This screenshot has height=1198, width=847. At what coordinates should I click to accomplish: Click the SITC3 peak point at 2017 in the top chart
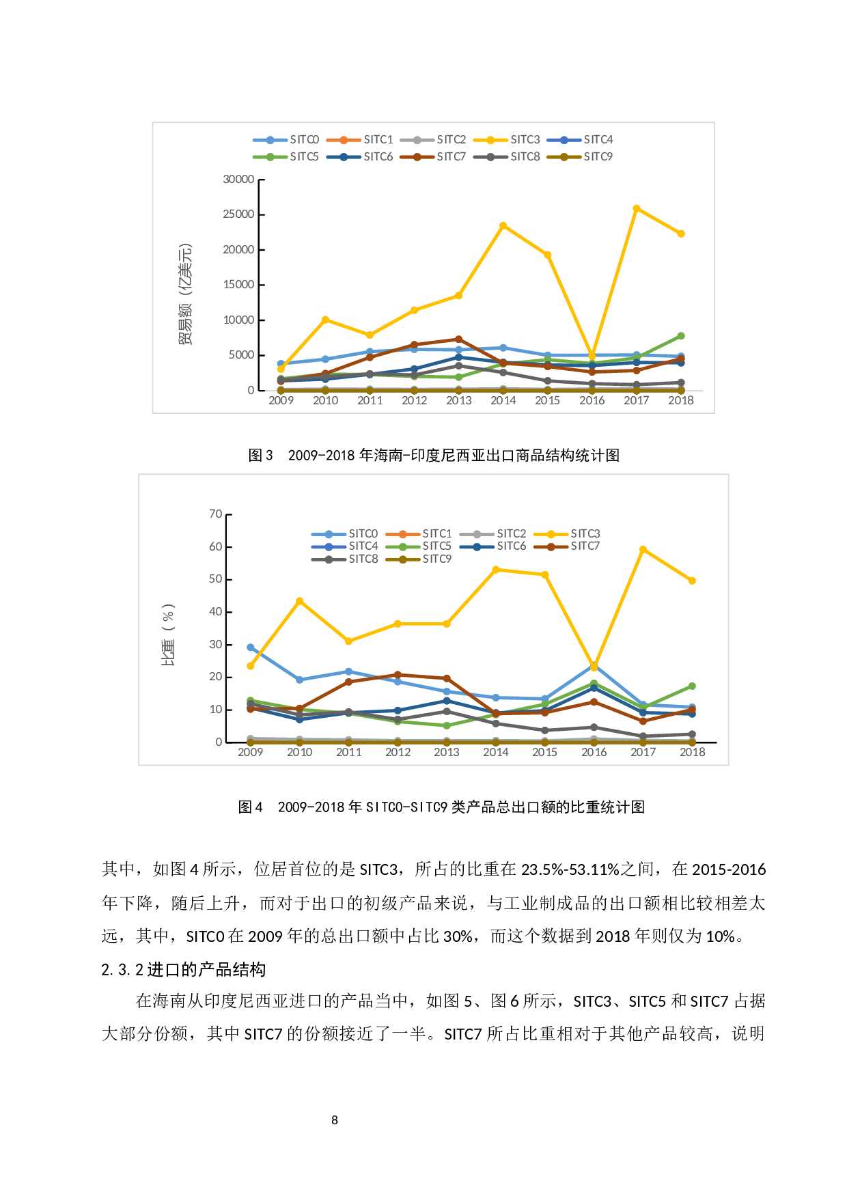(636, 208)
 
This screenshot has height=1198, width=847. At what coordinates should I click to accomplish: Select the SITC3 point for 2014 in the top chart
(503, 226)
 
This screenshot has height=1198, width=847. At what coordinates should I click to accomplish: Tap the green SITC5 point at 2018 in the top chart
(681, 336)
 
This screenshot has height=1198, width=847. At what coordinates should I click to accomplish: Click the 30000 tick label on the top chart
(238, 180)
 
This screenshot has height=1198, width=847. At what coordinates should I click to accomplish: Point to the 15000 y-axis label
(238, 285)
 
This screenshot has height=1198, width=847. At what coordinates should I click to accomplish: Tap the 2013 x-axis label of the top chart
(459, 401)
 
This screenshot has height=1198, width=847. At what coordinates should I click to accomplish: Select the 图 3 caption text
(434, 456)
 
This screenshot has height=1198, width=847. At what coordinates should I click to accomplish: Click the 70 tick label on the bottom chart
(216, 514)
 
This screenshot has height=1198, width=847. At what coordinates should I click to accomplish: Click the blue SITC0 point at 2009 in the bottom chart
(251, 647)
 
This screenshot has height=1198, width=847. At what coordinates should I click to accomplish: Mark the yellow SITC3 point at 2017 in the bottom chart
(643, 549)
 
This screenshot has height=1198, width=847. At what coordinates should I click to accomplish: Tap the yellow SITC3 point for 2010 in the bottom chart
(299, 601)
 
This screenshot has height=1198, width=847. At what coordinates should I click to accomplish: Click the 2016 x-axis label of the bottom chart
(594, 752)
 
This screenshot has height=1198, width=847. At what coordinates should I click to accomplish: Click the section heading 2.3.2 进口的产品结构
(183, 969)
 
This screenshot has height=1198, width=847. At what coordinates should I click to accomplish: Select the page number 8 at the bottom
(335, 1120)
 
